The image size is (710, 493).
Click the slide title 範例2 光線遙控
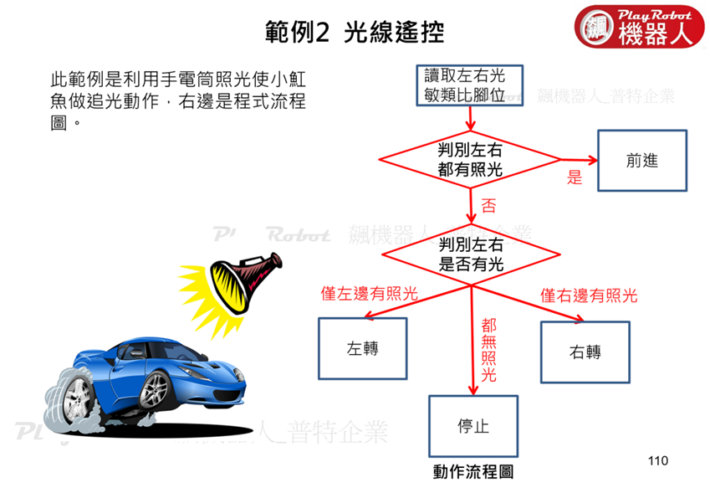[x=354, y=32]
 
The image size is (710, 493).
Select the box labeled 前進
[x=641, y=161]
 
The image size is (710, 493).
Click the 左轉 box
[x=362, y=348]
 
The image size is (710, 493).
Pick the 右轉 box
[x=585, y=352]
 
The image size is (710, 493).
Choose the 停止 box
[x=472, y=426]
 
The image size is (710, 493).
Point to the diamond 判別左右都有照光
[x=471, y=160]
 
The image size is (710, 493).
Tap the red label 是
[x=575, y=178]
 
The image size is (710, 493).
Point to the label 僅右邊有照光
[x=589, y=295]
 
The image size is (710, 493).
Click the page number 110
[x=658, y=460]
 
